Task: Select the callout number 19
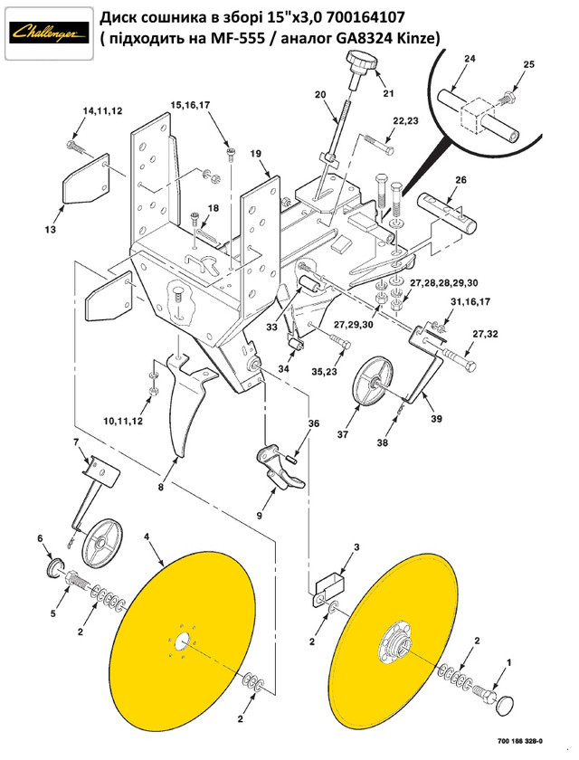[256, 155]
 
